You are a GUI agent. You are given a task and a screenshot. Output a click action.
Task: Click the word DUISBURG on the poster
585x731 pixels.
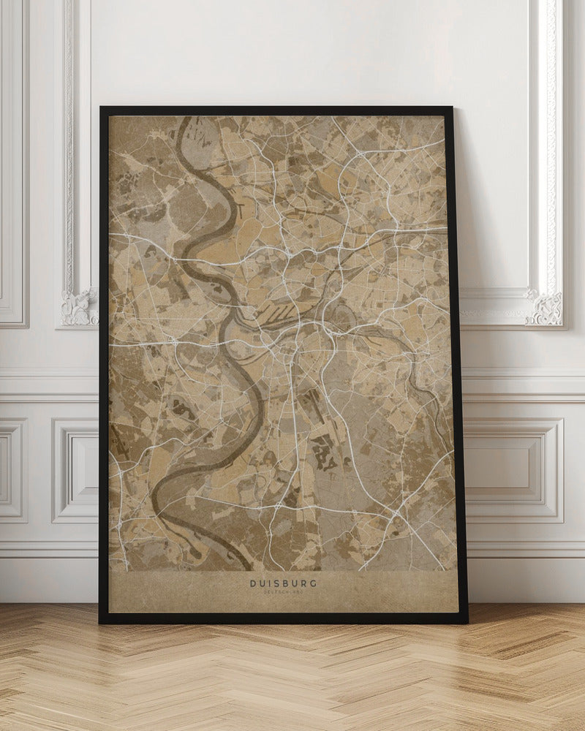pos(283,583)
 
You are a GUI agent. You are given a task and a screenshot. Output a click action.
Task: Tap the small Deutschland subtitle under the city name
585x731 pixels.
pos(283,593)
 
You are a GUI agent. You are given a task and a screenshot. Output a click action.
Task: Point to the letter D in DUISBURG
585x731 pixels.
pos(253,583)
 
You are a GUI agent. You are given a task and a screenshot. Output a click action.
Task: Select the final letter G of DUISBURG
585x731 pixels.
pos(314,583)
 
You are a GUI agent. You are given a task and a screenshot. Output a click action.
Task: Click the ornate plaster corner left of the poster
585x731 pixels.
pos(79,307)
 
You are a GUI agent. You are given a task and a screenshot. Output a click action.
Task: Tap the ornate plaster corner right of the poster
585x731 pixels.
pos(546,307)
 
